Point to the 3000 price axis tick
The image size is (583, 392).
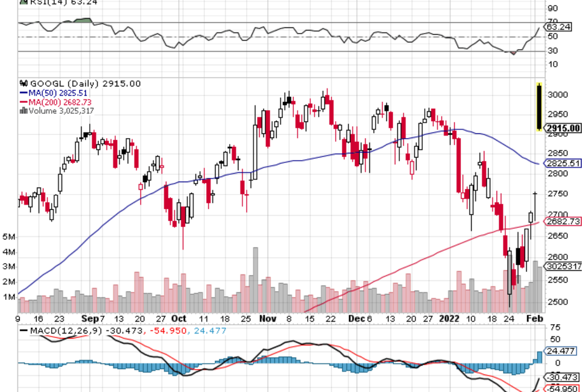pos(556,95)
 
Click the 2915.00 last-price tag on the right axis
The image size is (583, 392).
pos(562,129)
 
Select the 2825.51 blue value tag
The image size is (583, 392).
pos(563,164)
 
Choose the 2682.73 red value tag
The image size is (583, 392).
pos(563,222)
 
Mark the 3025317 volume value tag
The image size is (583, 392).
pos(564,266)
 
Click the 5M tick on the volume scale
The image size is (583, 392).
pos(9,237)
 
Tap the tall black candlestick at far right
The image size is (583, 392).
pos(538,107)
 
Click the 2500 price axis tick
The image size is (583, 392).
pos(556,302)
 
